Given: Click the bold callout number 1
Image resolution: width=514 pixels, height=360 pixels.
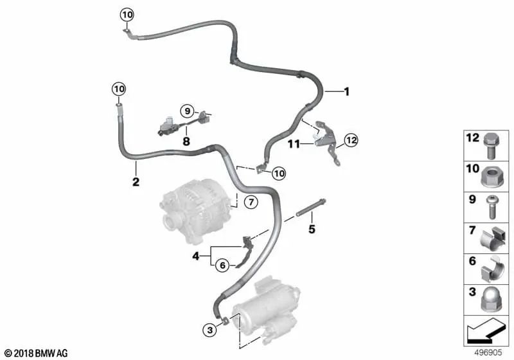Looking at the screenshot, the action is point(346,91).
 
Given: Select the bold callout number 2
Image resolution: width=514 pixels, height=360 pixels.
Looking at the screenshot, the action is point(136,182).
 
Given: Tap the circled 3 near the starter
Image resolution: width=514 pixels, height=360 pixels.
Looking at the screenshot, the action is point(210,330).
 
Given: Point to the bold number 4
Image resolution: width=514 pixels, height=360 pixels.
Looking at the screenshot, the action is point(196,256).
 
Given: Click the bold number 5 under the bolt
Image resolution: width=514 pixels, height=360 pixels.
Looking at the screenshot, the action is point(312,230).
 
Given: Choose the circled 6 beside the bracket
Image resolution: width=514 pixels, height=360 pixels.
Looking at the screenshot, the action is point(222,265).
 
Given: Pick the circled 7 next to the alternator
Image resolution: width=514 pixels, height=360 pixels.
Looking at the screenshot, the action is point(251,202).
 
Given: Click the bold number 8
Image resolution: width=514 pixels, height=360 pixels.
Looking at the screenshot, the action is point(186,141).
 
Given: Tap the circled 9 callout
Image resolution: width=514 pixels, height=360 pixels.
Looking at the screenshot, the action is point(187,111).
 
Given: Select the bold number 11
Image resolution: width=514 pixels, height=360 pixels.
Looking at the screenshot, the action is point(294,144).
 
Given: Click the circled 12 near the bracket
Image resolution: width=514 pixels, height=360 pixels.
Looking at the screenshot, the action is point(351,140).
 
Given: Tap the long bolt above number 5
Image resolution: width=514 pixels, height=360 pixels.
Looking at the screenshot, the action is point(311,208).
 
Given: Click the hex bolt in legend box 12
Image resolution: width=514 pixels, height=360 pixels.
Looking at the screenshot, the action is point(491,147).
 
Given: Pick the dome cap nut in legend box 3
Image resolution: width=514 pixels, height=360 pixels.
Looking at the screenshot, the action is point(491,301).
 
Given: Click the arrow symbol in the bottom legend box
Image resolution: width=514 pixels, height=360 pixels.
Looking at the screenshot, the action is point(485,331).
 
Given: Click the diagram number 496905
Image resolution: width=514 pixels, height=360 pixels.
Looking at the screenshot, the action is point(488,352).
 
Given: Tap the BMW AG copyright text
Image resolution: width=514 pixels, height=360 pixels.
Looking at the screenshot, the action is point(37,353).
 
